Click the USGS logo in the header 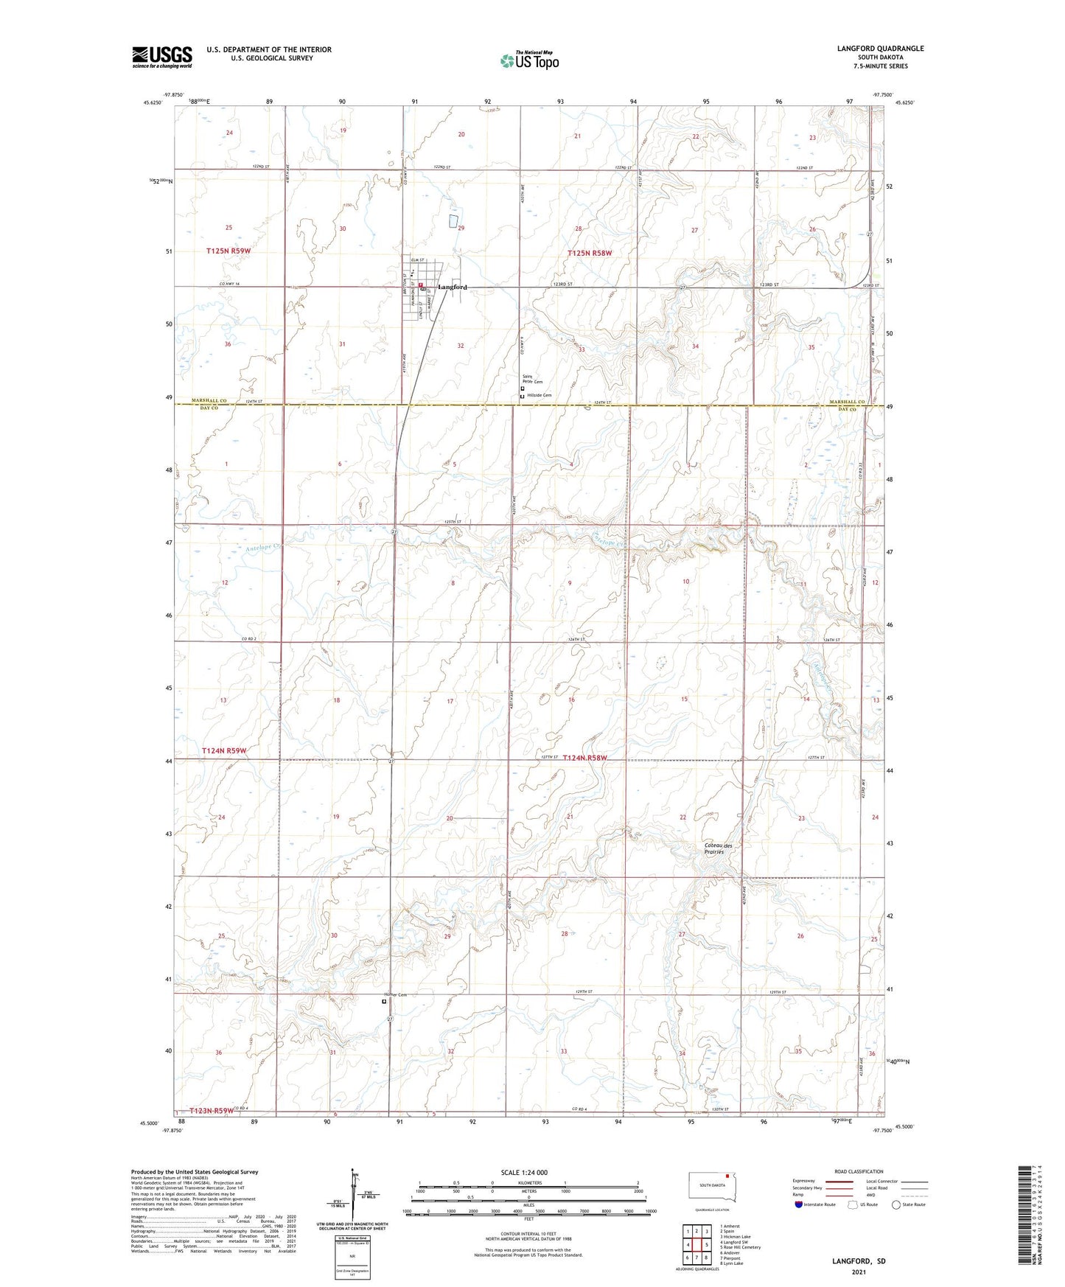point(162,57)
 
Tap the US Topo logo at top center point(528,60)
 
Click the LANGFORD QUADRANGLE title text point(880,49)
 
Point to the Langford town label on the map point(453,287)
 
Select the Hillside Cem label point(538,396)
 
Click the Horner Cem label point(394,995)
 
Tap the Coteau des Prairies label point(713,848)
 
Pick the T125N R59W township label point(228,251)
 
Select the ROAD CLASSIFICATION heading point(859,1171)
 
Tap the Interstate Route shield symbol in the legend point(799,1204)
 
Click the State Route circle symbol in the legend point(896,1204)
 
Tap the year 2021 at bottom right point(858,1272)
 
